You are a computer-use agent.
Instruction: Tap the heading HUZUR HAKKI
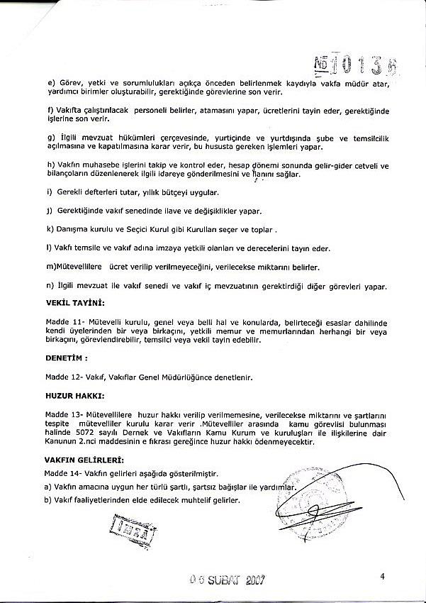74,395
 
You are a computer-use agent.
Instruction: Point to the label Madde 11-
64,321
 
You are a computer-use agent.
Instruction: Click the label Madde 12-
64,377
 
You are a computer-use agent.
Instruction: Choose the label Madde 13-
64,414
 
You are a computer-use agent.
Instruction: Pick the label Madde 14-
64,473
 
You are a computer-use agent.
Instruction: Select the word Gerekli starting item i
70,192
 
